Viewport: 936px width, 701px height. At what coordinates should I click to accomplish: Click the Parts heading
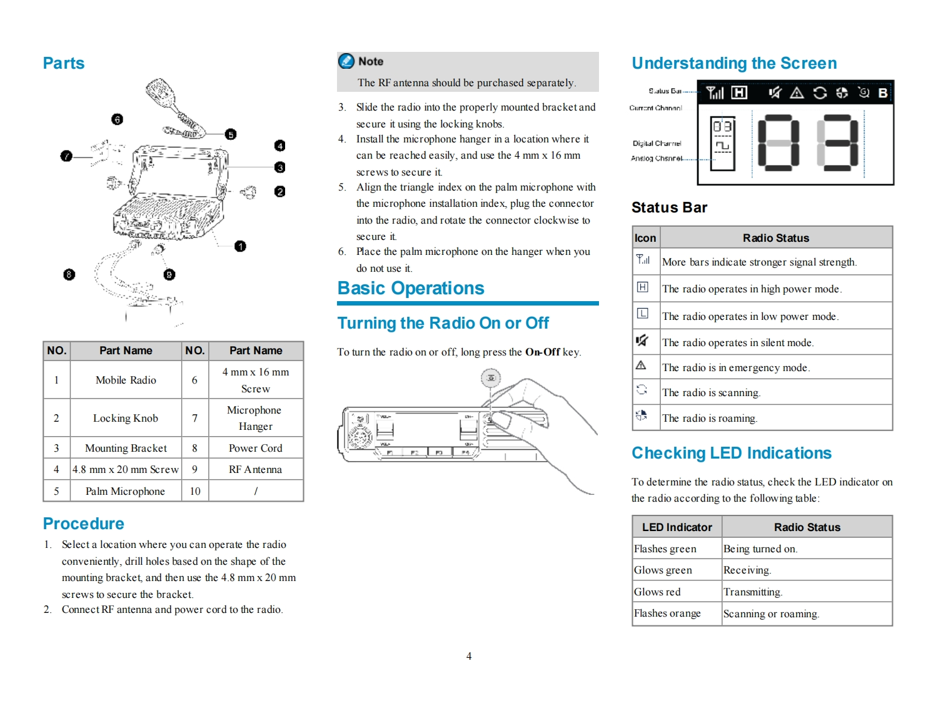[x=63, y=63]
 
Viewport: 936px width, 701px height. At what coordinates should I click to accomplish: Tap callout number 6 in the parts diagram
[x=117, y=119]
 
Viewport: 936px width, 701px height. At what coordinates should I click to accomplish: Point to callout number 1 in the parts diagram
[x=240, y=246]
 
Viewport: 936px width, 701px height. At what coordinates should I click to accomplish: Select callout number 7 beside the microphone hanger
[x=66, y=156]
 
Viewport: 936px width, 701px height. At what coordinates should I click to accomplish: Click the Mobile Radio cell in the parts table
[x=126, y=380]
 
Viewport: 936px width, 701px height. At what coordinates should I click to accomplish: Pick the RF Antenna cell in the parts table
[x=255, y=469]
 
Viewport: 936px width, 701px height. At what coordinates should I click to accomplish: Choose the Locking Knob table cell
[x=126, y=418]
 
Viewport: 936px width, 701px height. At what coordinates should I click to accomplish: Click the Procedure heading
[x=83, y=524]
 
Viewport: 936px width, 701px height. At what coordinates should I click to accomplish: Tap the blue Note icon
[x=346, y=61]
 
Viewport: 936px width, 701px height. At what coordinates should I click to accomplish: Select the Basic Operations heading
[x=411, y=288]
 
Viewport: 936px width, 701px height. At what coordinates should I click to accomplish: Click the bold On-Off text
[x=542, y=352]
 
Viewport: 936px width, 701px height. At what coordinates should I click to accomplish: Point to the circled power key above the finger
[x=491, y=378]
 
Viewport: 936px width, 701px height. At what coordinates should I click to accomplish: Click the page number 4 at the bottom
[x=469, y=656]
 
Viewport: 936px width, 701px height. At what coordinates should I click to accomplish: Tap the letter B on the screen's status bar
[x=882, y=93]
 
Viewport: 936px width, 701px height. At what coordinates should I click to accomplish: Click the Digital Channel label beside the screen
[x=657, y=143]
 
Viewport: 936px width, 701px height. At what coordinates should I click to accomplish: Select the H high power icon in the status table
[x=642, y=287]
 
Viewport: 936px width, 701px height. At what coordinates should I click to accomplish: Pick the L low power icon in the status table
[x=642, y=314]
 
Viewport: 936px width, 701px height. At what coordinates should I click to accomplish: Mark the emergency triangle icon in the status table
[x=641, y=365]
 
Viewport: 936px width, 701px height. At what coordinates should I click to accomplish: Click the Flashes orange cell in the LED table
[x=667, y=614]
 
